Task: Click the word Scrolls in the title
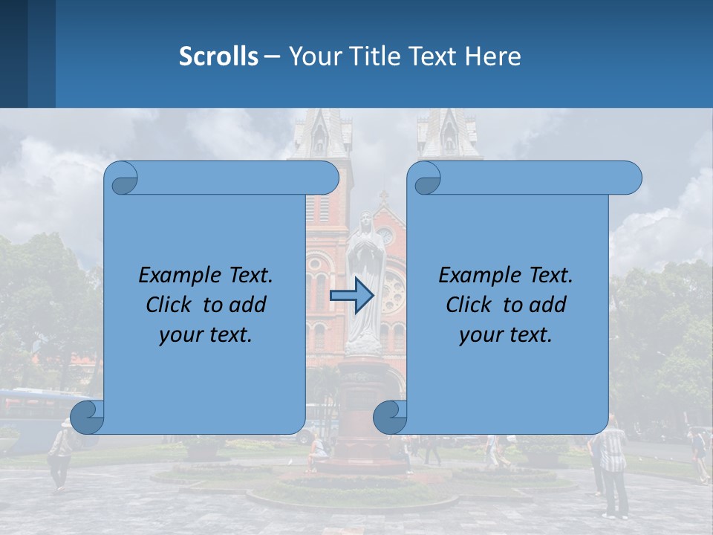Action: (x=219, y=56)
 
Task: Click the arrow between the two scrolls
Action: (x=351, y=296)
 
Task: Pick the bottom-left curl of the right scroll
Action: (x=390, y=417)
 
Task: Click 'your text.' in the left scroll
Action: (x=206, y=335)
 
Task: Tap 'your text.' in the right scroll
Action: (x=506, y=335)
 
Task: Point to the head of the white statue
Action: (x=365, y=223)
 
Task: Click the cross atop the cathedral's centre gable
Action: (x=384, y=197)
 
